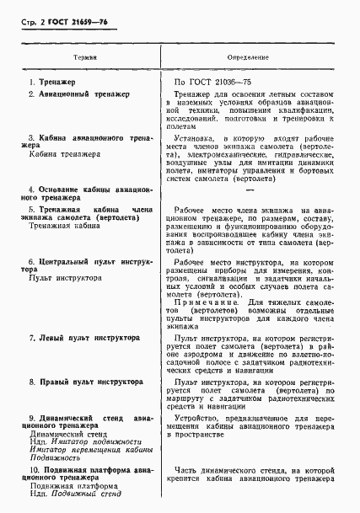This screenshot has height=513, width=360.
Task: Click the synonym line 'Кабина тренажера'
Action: pos(61,155)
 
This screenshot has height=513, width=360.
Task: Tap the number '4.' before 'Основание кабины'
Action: pos(32,190)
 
